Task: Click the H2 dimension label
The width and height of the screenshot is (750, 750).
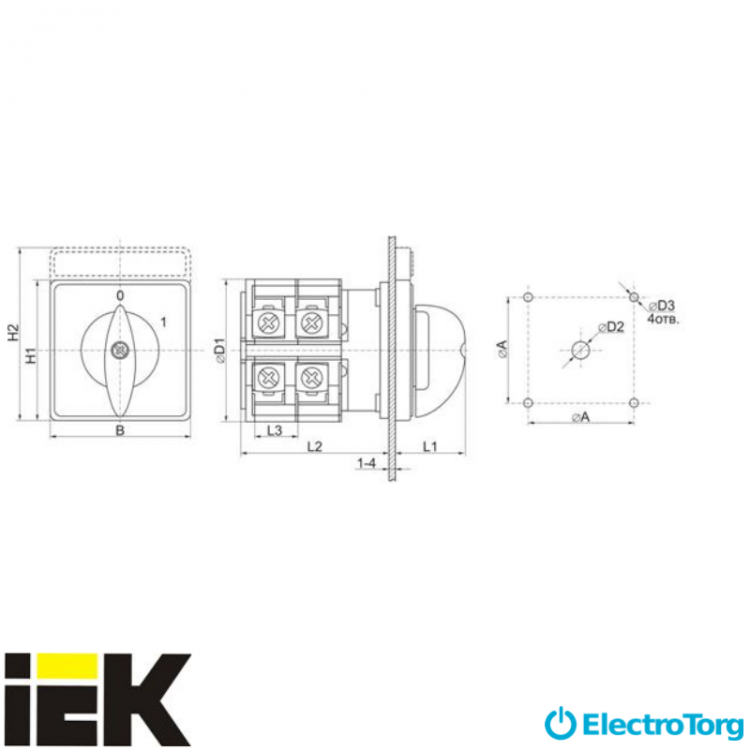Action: coord(14,332)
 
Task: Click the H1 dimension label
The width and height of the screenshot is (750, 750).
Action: coord(31,355)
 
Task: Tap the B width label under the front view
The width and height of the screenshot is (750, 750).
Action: coord(120,430)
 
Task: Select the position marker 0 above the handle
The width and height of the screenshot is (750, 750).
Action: coord(120,296)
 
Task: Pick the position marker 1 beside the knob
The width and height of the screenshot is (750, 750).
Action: coord(164,322)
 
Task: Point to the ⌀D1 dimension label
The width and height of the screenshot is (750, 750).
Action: coord(220,351)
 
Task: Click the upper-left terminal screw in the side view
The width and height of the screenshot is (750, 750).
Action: coord(267,322)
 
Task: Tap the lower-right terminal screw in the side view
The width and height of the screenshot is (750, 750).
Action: coord(310,378)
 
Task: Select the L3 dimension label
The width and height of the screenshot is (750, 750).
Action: coord(275,430)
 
